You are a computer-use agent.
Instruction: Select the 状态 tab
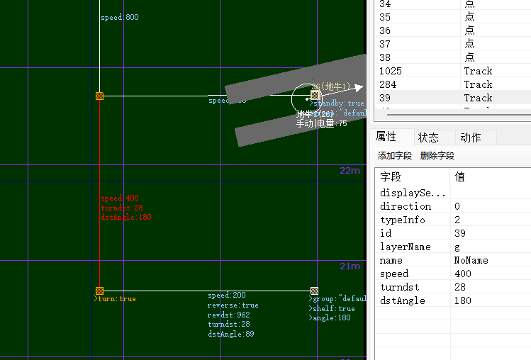click(x=428, y=137)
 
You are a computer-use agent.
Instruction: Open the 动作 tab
click(x=470, y=137)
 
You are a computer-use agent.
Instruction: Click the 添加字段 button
click(x=395, y=156)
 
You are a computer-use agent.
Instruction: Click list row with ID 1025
click(x=396, y=71)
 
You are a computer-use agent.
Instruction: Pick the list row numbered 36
click(x=385, y=30)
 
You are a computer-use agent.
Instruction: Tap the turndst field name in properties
click(x=399, y=287)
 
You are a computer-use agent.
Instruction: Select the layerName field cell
click(x=406, y=247)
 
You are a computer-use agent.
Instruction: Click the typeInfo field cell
click(x=403, y=220)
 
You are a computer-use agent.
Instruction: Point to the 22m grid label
click(x=350, y=171)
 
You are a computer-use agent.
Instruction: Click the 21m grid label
click(x=350, y=266)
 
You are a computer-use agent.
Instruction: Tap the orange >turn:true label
click(x=115, y=299)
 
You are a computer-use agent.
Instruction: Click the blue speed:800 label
click(x=120, y=17)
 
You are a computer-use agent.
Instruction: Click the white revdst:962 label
click(x=228, y=315)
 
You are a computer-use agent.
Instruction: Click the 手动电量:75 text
click(x=322, y=123)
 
